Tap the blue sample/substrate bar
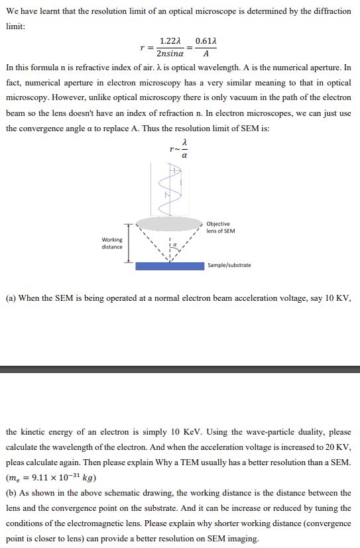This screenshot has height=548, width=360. pos(170,266)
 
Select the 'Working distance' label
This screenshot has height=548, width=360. pos(112,243)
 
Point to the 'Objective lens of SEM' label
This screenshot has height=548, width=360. pos(220,227)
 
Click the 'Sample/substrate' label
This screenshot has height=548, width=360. pos(229,265)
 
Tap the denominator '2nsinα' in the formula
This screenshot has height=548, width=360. pos(171,54)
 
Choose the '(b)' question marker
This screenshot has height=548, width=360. pos(11,493)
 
